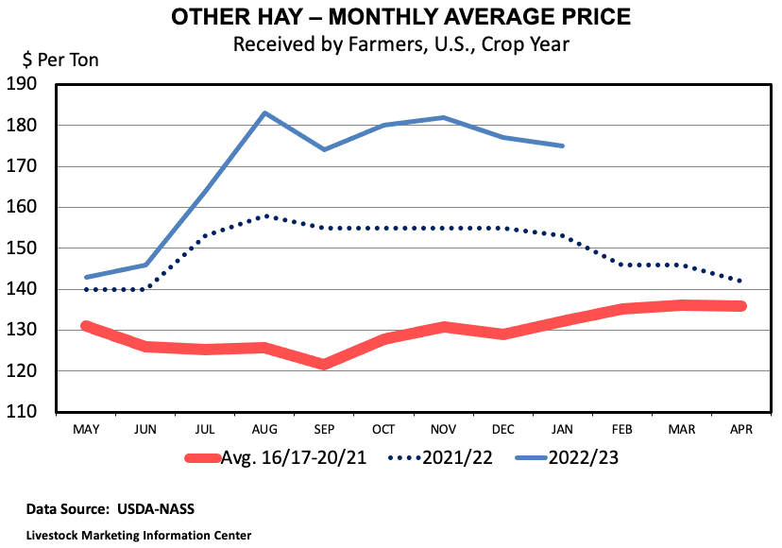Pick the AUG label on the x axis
point(264,430)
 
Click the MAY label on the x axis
point(86,430)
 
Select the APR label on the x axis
point(741,430)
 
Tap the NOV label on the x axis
point(443,430)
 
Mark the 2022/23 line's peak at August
point(264,112)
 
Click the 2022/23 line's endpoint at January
point(563,146)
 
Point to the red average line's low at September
point(324,364)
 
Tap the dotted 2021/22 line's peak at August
point(264,215)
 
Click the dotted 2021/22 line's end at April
point(741,282)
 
